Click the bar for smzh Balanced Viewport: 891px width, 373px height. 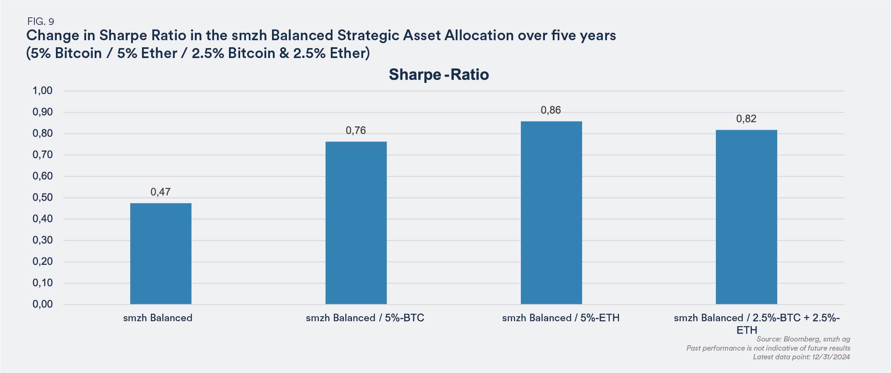[x=161, y=254]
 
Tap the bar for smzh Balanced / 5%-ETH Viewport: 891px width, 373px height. [x=551, y=213]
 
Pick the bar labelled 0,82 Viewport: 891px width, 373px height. [x=746, y=217]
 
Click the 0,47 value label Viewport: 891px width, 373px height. [x=161, y=192]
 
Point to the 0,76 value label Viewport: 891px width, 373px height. [x=356, y=131]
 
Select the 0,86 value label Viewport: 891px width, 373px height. [x=551, y=110]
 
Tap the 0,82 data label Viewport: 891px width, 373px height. [x=746, y=119]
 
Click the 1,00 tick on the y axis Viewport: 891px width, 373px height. [x=43, y=91]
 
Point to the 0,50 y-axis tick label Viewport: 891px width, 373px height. [x=43, y=198]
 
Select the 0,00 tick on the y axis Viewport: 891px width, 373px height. [x=43, y=304]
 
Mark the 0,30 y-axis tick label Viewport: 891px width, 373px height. [x=43, y=240]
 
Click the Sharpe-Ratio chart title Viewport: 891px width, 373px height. [x=439, y=75]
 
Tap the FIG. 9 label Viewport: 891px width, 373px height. [x=41, y=22]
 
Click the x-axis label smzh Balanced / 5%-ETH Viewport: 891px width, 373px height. [x=561, y=318]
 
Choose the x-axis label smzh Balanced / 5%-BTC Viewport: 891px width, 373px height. [x=365, y=318]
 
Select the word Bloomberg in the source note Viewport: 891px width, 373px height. [x=802, y=339]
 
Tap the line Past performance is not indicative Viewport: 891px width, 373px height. [x=768, y=348]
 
